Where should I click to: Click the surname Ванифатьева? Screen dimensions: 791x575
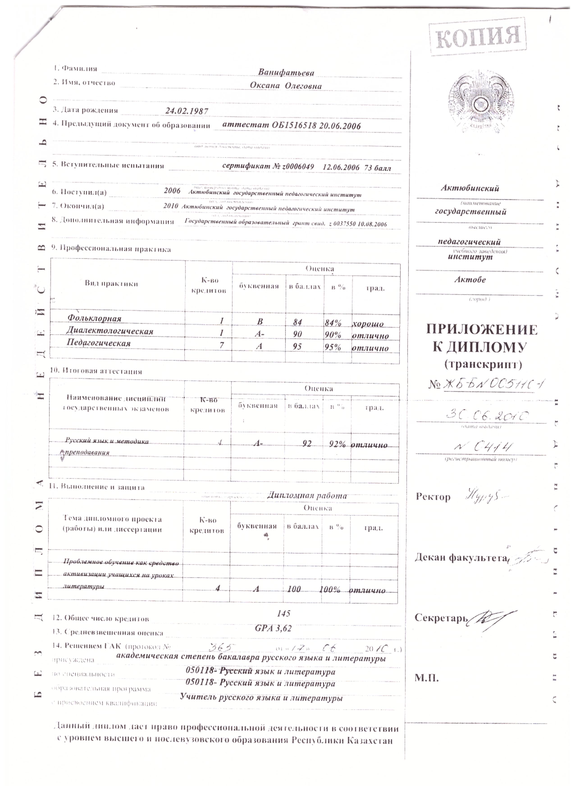(x=286, y=73)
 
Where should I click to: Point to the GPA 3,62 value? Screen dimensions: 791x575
(x=273, y=628)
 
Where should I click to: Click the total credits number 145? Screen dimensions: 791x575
(x=283, y=613)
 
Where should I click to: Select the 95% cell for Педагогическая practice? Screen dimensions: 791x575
(x=333, y=347)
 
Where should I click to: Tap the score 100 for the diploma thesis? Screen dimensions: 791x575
(x=294, y=589)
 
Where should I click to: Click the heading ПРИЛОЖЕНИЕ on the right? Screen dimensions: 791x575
(x=481, y=329)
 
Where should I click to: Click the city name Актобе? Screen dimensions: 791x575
(x=470, y=280)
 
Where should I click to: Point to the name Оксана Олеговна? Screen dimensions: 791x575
(x=285, y=86)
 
